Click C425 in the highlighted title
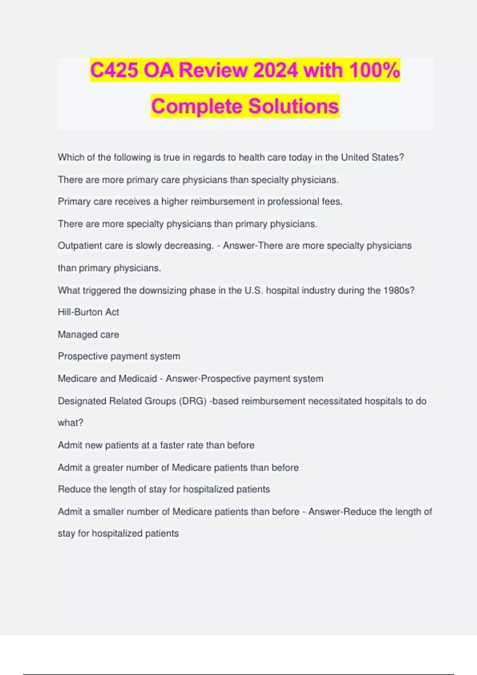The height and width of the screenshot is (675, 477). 114,71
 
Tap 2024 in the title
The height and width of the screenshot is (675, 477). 275,71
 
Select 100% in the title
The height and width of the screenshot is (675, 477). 374,71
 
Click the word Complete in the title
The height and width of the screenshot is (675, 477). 197,106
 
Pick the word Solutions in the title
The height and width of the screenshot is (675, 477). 293,106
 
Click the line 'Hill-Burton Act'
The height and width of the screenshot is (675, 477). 88,312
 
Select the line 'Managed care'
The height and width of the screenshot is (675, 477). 88,335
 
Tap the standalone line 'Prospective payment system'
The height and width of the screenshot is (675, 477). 119,356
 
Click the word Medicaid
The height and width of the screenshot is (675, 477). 138,379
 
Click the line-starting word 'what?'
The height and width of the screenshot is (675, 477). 70,423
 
